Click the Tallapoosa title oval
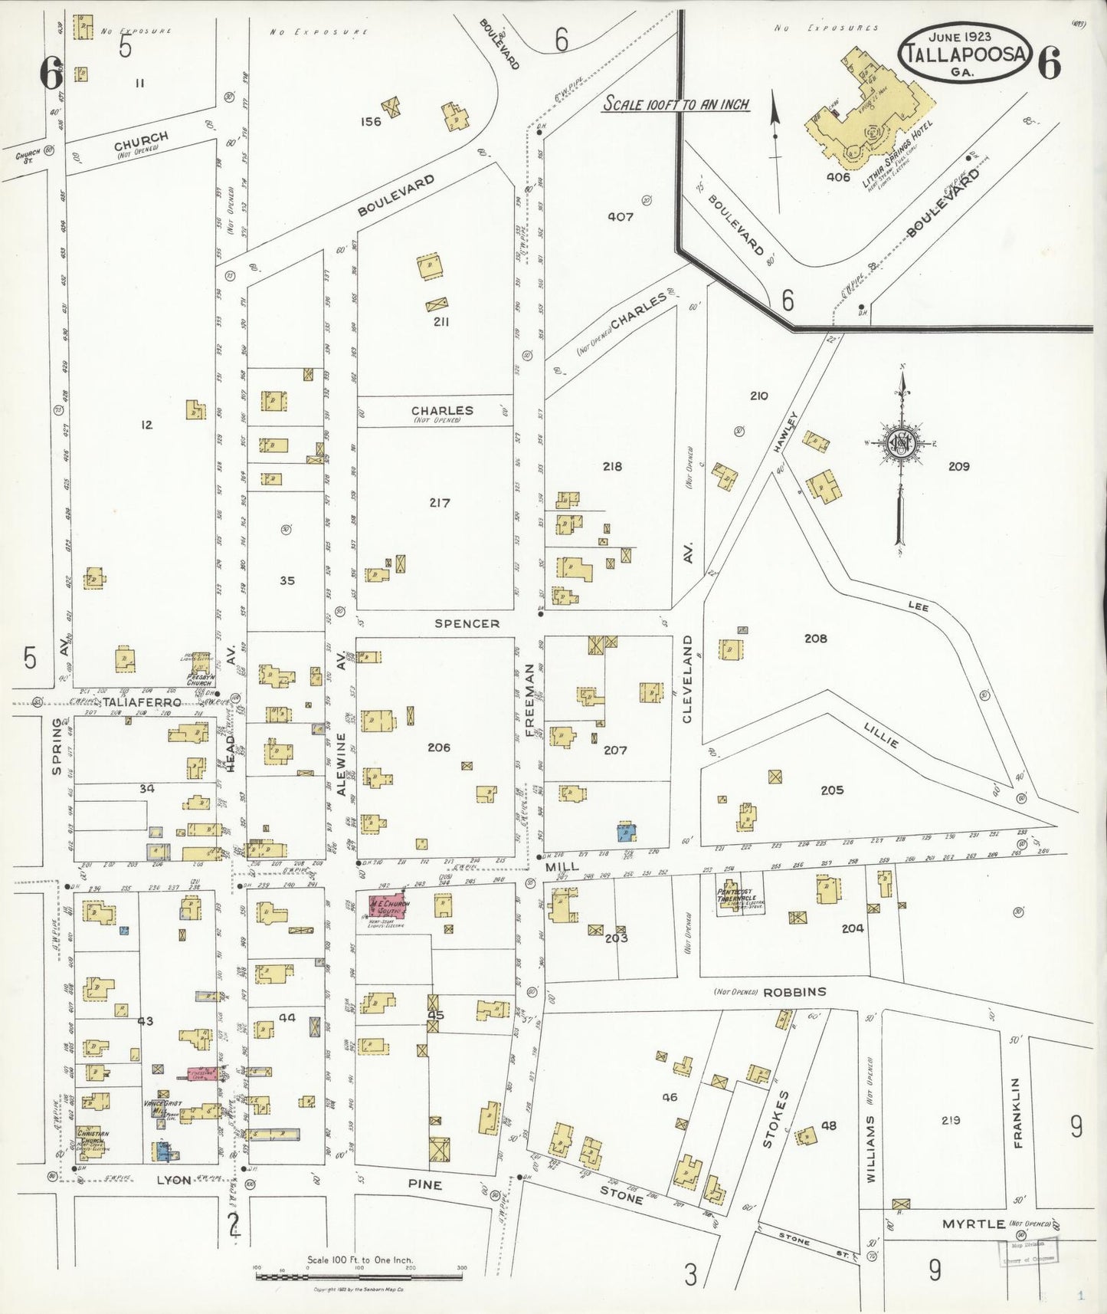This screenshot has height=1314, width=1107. pyautogui.click(x=965, y=52)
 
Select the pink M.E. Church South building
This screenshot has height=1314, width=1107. pyautogui.click(x=389, y=905)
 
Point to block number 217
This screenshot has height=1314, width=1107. pyautogui.click(x=440, y=503)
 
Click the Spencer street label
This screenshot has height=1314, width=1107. pyautogui.click(x=467, y=623)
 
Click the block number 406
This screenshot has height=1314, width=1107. pyautogui.click(x=838, y=177)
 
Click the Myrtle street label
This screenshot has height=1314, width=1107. pyautogui.click(x=974, y=1224)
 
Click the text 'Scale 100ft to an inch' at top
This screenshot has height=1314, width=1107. pyautogui.click(x=675, y=104)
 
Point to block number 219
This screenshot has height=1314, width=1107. pyautogui.click(x=951, y=1120)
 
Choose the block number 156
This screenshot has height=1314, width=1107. pyautogui.click(x=371, y=121)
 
